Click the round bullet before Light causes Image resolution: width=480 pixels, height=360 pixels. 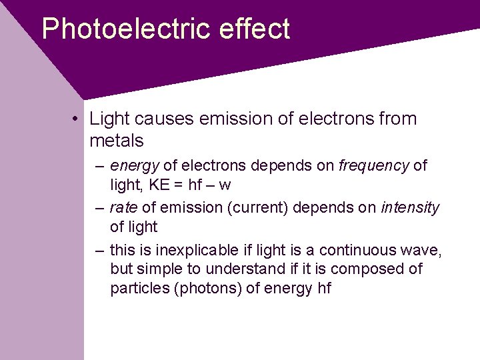(78, 119)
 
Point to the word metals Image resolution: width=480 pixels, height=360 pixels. (117, 141)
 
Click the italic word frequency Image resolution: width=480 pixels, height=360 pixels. (373, 165)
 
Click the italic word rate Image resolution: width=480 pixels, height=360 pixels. (123, 208)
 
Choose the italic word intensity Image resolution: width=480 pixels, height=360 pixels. (410, 208)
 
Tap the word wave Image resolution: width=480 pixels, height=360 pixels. (424, 251)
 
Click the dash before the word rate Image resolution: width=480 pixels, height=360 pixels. (99, 208)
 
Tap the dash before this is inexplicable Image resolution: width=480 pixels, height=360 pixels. (99, 251)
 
